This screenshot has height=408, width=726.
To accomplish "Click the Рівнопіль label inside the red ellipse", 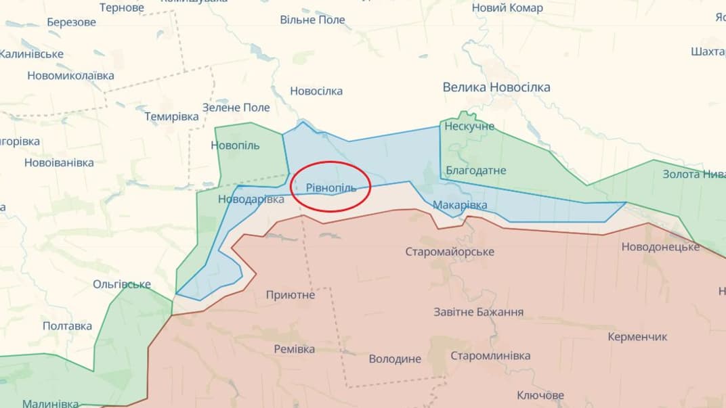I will pos(330,187).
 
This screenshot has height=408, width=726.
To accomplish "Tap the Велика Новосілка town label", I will pos(496,87).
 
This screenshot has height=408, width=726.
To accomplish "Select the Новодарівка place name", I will pos(251,200).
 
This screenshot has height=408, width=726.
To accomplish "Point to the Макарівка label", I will pos(459,205).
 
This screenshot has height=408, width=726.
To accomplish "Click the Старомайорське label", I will pos(450,252).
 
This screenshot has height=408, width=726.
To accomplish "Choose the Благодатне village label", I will pos(475,171).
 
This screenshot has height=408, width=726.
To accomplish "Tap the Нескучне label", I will pos(469,127).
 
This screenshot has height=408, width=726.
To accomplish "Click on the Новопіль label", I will pos(235,145).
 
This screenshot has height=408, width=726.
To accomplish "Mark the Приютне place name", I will pos(291,295).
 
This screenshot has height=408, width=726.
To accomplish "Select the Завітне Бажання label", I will pos(478,312).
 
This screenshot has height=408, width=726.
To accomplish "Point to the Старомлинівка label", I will pos(490,356).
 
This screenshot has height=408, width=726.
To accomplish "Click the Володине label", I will pos(395,359).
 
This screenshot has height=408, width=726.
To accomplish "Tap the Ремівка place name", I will pos(294,349).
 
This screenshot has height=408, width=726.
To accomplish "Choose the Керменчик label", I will pos(637,336).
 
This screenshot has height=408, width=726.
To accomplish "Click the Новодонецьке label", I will pos(660,247).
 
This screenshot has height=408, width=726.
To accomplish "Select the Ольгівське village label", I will pos(122,284).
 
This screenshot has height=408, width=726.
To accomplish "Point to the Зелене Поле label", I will pos(236,108).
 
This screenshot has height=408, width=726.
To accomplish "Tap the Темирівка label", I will pos(171,116).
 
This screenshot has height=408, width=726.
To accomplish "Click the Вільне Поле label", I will pos(312,20).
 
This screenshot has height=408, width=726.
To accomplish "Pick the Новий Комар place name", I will pos(507,8).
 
